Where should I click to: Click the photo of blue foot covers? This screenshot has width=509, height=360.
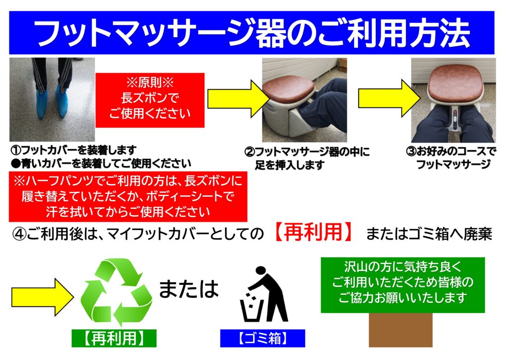point(52,99)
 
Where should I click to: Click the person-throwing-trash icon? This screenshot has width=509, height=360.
point(264,295)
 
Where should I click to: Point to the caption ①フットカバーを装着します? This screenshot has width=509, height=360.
point(74,150)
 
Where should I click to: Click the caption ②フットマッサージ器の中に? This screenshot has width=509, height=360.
point(307,152)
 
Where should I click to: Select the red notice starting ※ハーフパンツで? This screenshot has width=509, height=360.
point(128,196)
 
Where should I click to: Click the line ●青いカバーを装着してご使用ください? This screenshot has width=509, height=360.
point(101,163)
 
